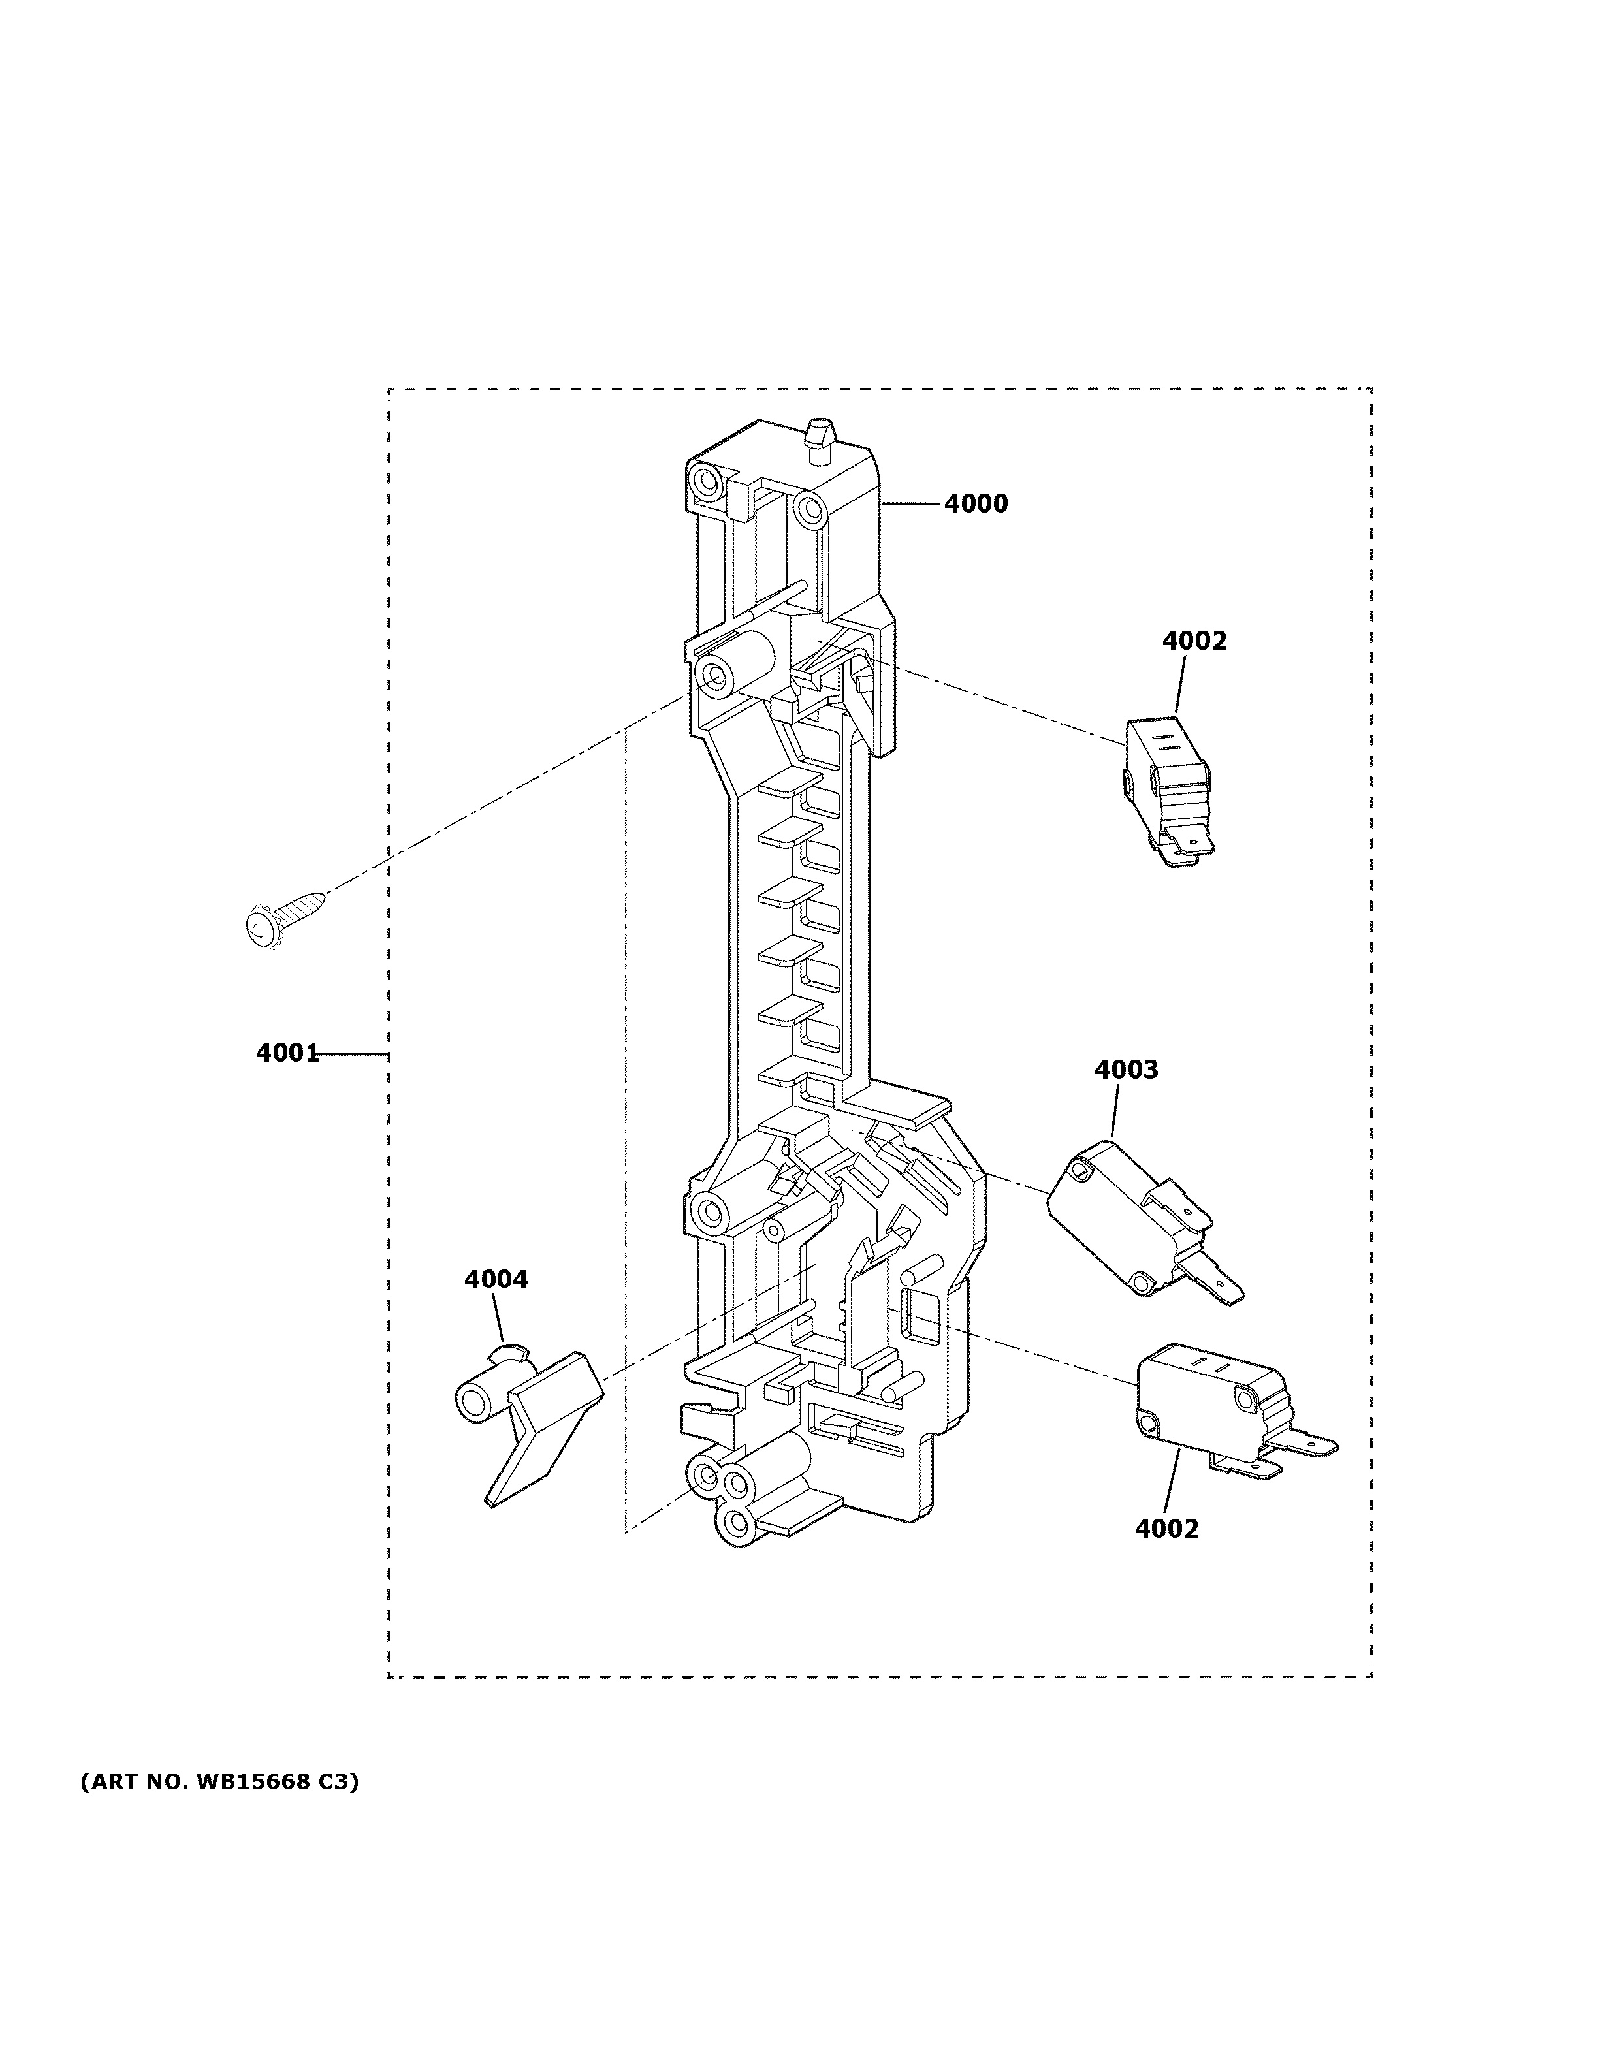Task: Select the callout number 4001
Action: [286, 1053]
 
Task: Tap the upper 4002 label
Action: [1194, 641]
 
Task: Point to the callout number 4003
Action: [1126, 1070]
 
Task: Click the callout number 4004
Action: [495, 1279]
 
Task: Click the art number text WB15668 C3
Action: [219, 1782]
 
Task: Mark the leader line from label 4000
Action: [912, 505]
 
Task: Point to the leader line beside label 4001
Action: [352, 1053]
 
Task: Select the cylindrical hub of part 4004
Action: [478, 1399]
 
